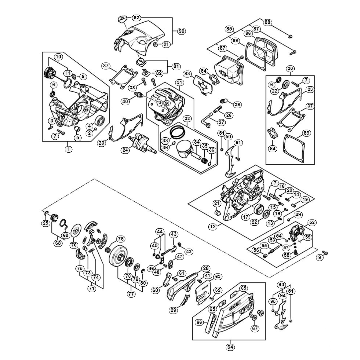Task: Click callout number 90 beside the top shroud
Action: tap(181, 31)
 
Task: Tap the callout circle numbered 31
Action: tap(180, 82)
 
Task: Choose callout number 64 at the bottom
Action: tap(230, 347)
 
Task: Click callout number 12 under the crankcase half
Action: tap(213, 227)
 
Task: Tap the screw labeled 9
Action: tap(325, 253)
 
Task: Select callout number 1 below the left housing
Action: tap(68, 149)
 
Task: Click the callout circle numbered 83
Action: tap(187, 73)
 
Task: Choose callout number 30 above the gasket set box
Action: tap(290, 69)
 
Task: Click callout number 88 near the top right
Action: tap(268, 22)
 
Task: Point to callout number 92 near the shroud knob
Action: tap(136, 17)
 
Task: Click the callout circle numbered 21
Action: tap(217, 203)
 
